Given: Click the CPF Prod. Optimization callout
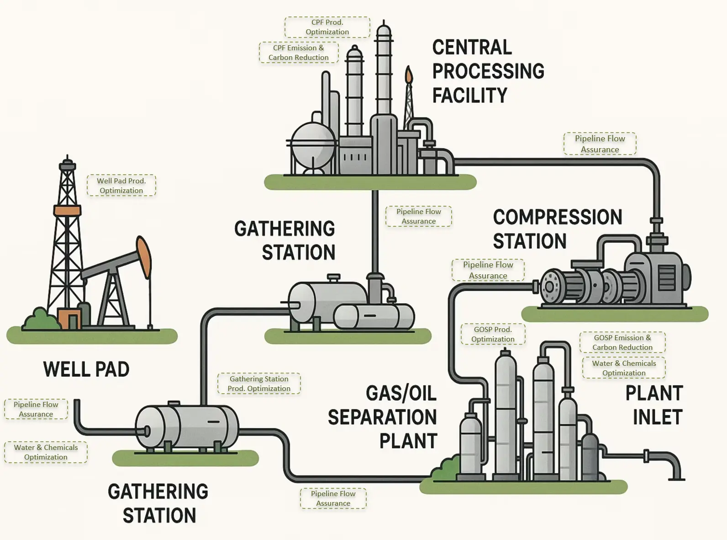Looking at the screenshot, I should [327, 27].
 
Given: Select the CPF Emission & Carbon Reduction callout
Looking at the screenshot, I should [299, 53].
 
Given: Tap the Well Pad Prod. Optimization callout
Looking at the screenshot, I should [121, 186].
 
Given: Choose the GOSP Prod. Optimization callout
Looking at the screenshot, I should [493, 334].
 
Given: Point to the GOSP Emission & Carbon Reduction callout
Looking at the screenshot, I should [622, 342].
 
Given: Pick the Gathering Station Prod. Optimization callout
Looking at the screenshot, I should [259, 384].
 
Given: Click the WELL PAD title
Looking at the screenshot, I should [86, 369].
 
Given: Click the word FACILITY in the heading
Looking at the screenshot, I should [469, 96].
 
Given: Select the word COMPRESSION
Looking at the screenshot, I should [557, 217].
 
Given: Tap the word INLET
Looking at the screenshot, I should [658, 417].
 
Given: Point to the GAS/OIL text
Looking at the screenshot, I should [401, 393].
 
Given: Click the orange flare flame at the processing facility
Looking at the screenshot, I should [409, 74].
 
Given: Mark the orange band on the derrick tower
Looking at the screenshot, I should [68, 211].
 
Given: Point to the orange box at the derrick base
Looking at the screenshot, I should [69, 319].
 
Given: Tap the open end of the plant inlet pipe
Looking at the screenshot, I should [676, 478].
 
